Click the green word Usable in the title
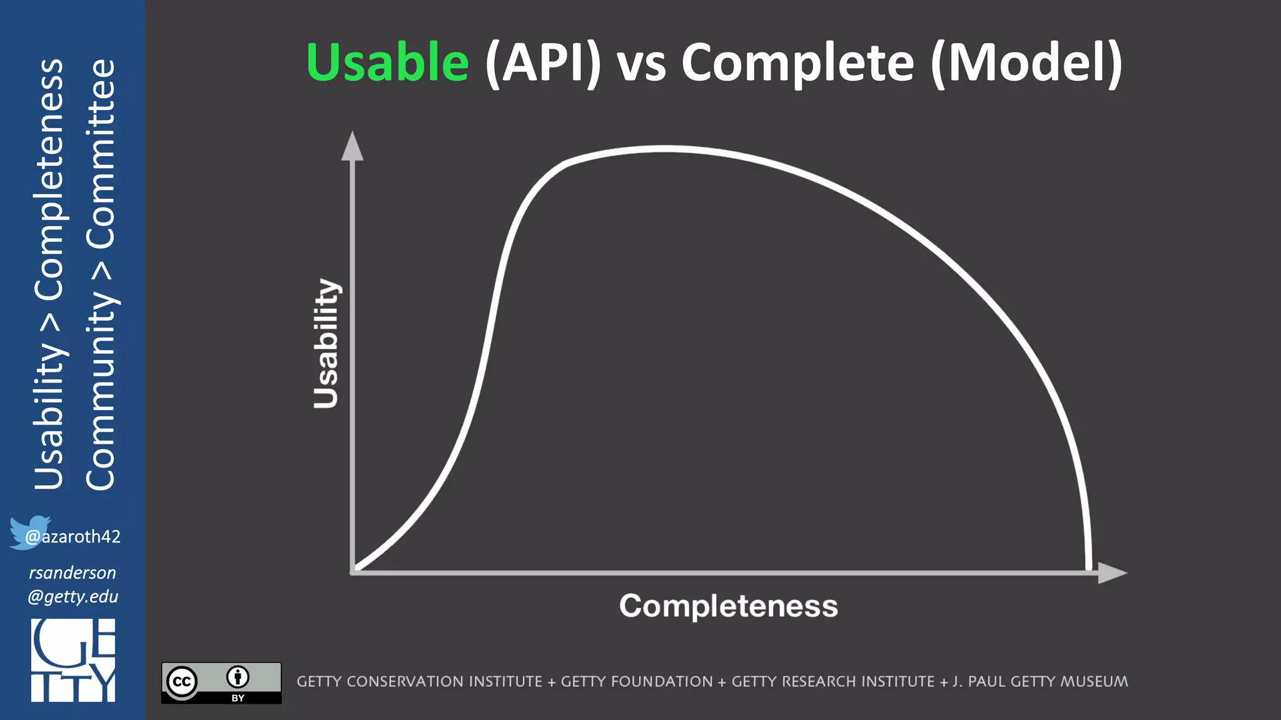coord(387,63)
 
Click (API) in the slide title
coord(542,63)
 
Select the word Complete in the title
coord(797,63)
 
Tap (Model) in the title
coord(1026,63)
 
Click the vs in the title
coord(641,66)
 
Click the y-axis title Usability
coord(326,344)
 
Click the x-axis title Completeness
coord(728,606)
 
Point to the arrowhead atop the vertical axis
coord(352,147)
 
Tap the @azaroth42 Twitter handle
coord(73,537)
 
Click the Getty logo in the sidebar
coord(73,660)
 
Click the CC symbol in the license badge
coord(182,682)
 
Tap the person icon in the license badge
coord(238,677)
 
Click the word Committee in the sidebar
coord(101,153)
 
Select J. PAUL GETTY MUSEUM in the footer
coord(1040,682)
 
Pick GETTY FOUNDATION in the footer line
coord(636,682)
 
